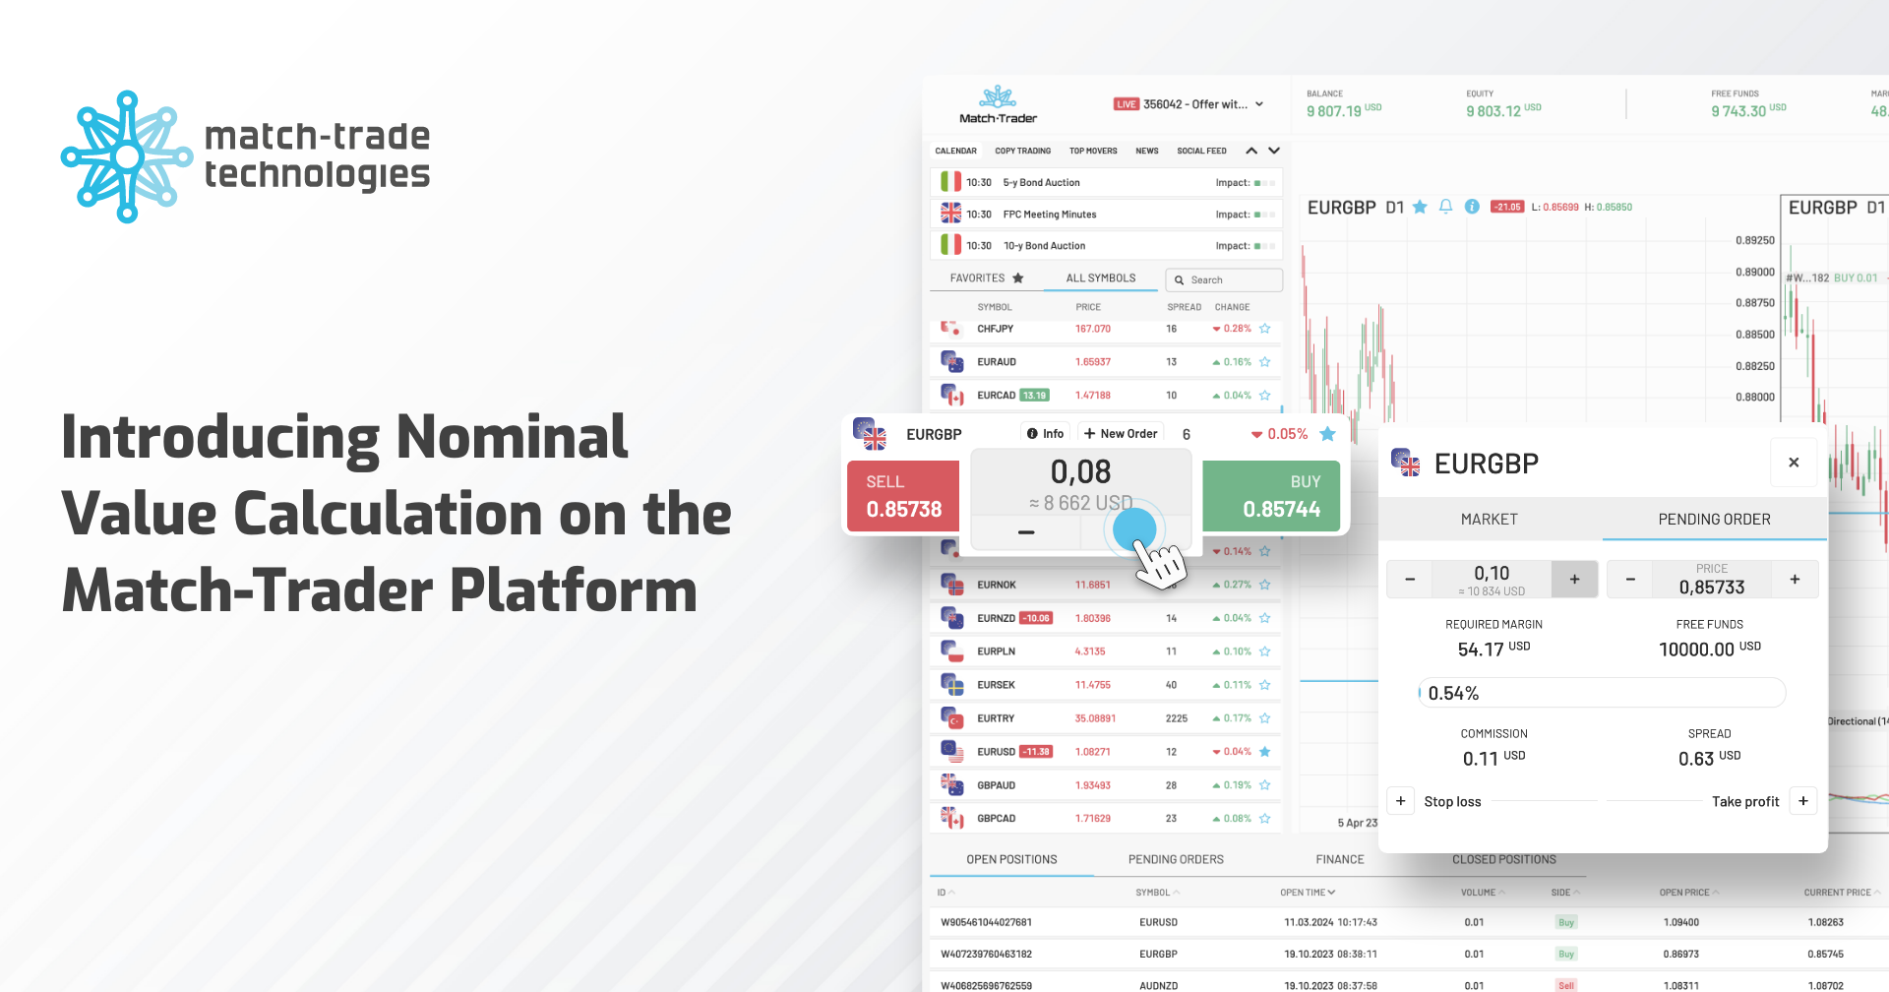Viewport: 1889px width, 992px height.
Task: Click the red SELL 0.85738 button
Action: [903, 496]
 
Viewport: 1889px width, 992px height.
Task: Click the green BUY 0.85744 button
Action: [1271, 496]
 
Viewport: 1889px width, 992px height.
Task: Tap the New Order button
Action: [1121, 434]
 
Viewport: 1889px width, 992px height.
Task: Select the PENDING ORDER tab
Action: [1714, 520]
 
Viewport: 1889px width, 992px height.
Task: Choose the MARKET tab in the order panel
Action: [1489, 520]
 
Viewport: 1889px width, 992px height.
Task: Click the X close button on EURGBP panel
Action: [1794, 463]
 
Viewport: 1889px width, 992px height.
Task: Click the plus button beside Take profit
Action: [1803, 801]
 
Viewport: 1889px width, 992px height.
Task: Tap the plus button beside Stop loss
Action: [1401, 801]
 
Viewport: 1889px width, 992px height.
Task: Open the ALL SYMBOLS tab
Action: [1101, 279]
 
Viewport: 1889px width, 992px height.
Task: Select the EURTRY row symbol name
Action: [996, 718]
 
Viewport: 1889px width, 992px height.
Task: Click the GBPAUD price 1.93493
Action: [1093, 785]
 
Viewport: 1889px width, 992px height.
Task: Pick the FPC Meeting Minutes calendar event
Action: [1049, 215]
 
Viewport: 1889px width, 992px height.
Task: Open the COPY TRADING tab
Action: [1022, 152]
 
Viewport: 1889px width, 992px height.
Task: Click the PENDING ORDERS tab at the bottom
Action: [1176, 859]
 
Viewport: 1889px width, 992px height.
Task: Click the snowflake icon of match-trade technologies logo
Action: [127, 156]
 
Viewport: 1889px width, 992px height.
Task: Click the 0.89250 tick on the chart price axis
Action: [1755, 240]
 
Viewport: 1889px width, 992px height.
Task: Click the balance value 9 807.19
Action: [1333, 111]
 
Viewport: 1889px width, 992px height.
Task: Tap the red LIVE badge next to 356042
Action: [1127, 104]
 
